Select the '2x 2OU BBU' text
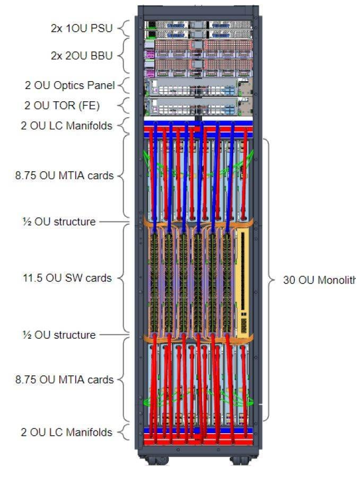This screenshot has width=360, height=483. [82, 55]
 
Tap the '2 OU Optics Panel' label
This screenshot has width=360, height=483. [69, 85]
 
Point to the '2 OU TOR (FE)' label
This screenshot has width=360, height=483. [62, 106]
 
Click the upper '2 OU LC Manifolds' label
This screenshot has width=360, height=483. [67, 126]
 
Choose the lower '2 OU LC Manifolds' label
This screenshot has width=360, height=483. [67, 432]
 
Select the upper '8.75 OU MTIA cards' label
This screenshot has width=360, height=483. [64, 175]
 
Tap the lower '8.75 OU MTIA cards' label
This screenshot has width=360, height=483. [64, 380]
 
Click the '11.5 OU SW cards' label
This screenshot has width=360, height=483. [64, 278]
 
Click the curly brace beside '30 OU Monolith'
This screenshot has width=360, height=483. [270, 280]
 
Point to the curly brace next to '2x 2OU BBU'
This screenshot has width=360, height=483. [123, 55]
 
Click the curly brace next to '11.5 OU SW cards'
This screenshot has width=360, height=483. [124, 278]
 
